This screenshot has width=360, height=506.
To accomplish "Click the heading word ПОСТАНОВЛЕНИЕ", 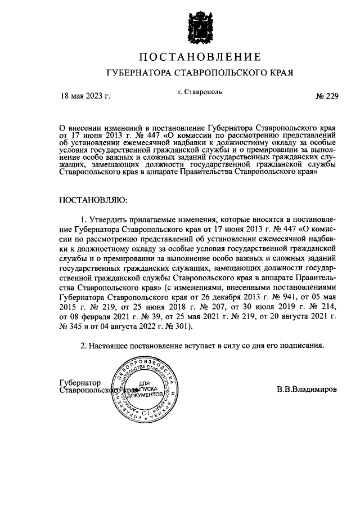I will (200, 57).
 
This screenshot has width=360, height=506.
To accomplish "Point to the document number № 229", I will (327, 95).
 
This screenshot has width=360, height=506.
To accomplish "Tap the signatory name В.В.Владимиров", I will (307, 389).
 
